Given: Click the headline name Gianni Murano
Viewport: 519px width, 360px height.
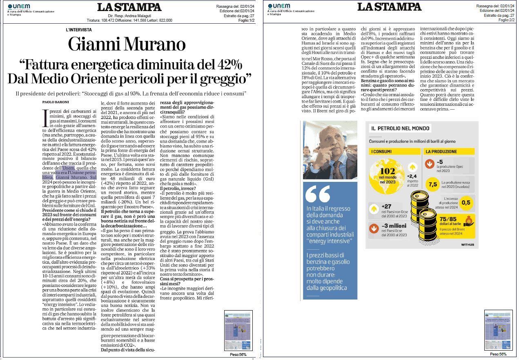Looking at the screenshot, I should (x=127, y=44).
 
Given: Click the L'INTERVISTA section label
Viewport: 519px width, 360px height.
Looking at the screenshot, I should (x=78, y=30).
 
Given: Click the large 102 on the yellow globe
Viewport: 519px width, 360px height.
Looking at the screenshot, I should (x=387, y=173).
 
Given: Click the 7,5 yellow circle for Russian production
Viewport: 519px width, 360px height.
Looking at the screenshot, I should (x=432, y=185).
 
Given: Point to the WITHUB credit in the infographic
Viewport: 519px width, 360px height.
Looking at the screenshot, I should (x=468, y=245).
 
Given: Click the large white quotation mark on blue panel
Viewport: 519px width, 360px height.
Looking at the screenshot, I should (x=317, y=194).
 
